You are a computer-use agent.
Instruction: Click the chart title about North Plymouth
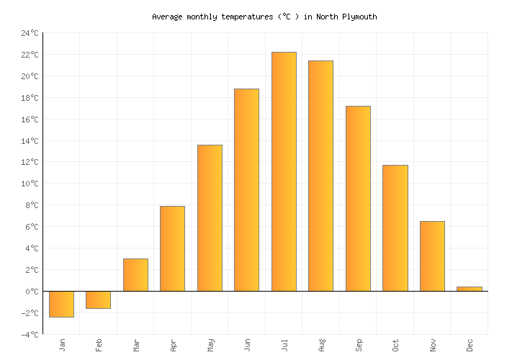[x=264, y=17]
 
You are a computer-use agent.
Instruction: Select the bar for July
[x=284, y=171]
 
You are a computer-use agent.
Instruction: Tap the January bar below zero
[x=61, y=304]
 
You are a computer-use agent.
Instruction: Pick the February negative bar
[x=98, y=300]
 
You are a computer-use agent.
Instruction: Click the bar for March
[x=135, y=275]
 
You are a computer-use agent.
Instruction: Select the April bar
[x=172, y=248]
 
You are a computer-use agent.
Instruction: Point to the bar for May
[x=210, y=218]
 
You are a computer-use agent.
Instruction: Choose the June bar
[x=246, y=190]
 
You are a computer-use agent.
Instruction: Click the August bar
[x=320, y=176]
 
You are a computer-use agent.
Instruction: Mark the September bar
[x=358, y=199]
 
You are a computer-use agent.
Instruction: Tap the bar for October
[x=395, y=228]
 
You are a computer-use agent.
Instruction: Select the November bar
[x=432, y=256]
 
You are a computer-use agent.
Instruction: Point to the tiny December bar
[x=469, y=289]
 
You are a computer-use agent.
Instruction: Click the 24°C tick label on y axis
[x=30, y=33]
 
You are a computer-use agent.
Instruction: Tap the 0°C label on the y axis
[x=32, y=292]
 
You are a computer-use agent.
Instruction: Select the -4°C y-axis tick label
[x=30, y=335]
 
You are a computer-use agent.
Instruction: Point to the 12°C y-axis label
[x=30, y=162]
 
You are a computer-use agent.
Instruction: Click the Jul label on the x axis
[x=284, y=345]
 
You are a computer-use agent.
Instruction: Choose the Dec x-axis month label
[x=470, y=345]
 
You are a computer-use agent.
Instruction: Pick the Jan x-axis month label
[x=62, y=345]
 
